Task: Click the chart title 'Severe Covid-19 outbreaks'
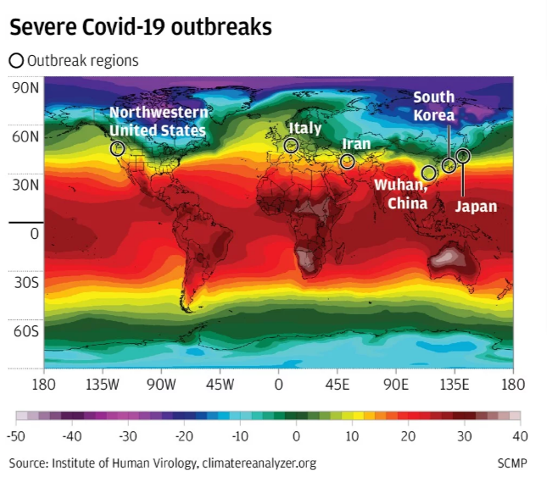tap(141, 27)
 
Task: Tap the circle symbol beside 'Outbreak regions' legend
tap(16, 61)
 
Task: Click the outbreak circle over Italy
tap(291, 146)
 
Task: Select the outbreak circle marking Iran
tap(347, 162)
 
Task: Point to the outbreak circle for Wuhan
tap(428, 173)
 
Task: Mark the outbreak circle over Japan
tap(463, 156)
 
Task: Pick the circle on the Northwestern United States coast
tap(118, 148)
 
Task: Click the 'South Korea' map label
tap(433, 106)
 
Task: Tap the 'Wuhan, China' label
tap(401, 194)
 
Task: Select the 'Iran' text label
tap(356, 144)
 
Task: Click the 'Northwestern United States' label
tap(158, 121)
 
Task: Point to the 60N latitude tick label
tap(24, 136)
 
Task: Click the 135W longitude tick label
tap(103, 384)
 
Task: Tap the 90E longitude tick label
tap(395, 384)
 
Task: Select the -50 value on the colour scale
tap(16, 435)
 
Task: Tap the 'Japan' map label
tap(476, 206)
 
